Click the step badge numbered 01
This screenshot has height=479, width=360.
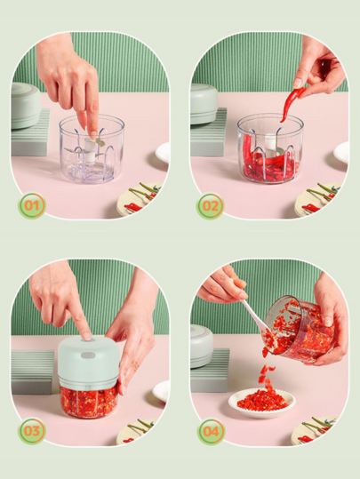[32, 205]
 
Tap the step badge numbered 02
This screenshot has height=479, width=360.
[211, 206]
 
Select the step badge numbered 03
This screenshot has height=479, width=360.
[32, 431]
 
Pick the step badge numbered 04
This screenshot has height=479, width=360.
[211, 432]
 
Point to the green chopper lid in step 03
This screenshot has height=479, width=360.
[88, 363]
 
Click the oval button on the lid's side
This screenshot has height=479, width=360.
[88, 355]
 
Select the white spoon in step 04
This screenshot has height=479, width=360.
[260, 323]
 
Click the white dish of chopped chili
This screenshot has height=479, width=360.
[262, 403]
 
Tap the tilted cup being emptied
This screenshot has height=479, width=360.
[300, 329]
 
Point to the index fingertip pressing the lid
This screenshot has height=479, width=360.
[87, 336]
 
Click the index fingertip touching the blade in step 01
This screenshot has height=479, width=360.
[93, 134]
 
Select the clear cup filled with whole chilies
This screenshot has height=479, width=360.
[270, 148]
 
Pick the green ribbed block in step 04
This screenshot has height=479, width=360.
[210, 371]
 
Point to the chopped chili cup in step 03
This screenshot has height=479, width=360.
[89, 402]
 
